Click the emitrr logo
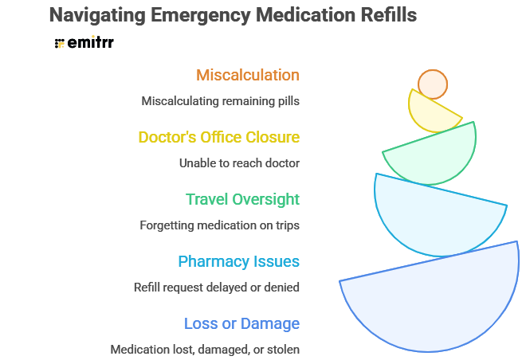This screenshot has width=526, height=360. coord(84,43)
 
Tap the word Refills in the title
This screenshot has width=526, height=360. coord(387,15)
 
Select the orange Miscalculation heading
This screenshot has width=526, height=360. coord(248,76)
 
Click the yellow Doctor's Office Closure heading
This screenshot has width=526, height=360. coord(219,137)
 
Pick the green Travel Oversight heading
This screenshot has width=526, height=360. coord(242,199)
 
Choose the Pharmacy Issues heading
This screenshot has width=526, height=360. coord(238,261)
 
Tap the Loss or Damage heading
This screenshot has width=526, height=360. coord(241,323)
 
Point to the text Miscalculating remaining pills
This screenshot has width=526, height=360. coord(220,101)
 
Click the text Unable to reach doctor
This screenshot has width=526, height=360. coord(239,163)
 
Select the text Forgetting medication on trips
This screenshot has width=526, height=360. coord(219,225)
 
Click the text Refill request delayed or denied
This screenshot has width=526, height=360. coord(217,287)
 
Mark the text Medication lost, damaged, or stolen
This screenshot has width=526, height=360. coord(205,349)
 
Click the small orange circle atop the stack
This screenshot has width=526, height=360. coord(433,84)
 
